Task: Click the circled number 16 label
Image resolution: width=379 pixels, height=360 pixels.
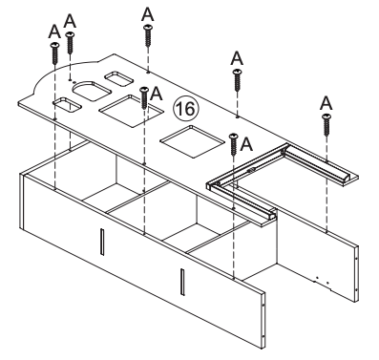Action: (188, 109)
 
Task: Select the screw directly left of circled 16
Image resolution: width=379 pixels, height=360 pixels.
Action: (144, 96)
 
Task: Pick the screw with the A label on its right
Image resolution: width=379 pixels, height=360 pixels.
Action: (234, 143)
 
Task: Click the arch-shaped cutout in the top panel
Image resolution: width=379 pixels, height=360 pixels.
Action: (93, 89)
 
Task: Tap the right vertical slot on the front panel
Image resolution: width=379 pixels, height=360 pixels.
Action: (180, 280)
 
